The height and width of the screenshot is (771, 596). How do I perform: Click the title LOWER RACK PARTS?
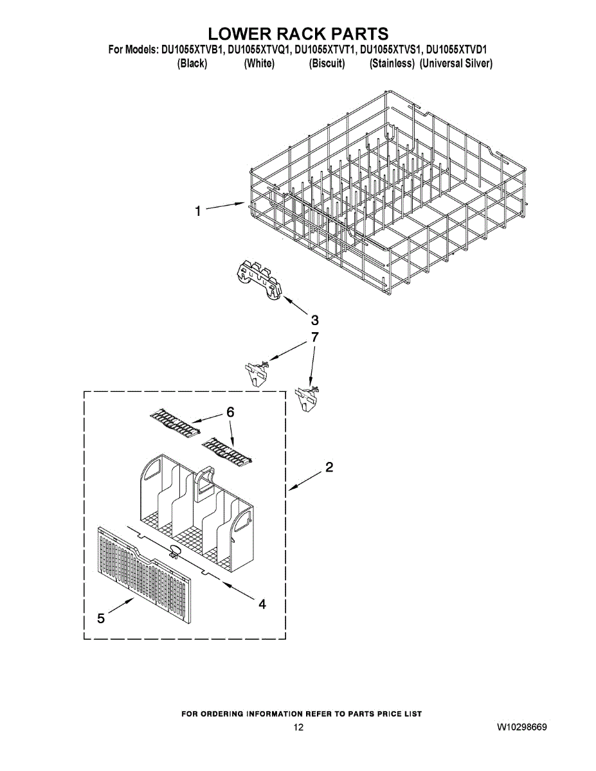point(298,33)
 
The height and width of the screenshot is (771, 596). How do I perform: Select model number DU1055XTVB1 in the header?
point(191,49)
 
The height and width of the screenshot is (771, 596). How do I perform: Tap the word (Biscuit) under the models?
point(327,64)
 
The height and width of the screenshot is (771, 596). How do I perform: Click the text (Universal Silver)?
point(456,64)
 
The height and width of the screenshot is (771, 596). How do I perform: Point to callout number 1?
point(199,210)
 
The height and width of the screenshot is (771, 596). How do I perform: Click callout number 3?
point(315,320)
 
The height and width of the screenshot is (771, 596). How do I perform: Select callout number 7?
point(314,337)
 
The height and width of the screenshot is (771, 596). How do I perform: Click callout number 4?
point(262,604)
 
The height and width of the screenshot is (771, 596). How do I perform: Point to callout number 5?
point(101,618)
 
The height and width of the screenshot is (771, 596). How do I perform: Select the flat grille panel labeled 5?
point(145,574)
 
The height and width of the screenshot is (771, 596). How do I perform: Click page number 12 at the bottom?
point(298,728)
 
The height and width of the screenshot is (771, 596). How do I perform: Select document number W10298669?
point(521,728)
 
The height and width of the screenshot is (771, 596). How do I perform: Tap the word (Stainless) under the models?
point(392,64)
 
